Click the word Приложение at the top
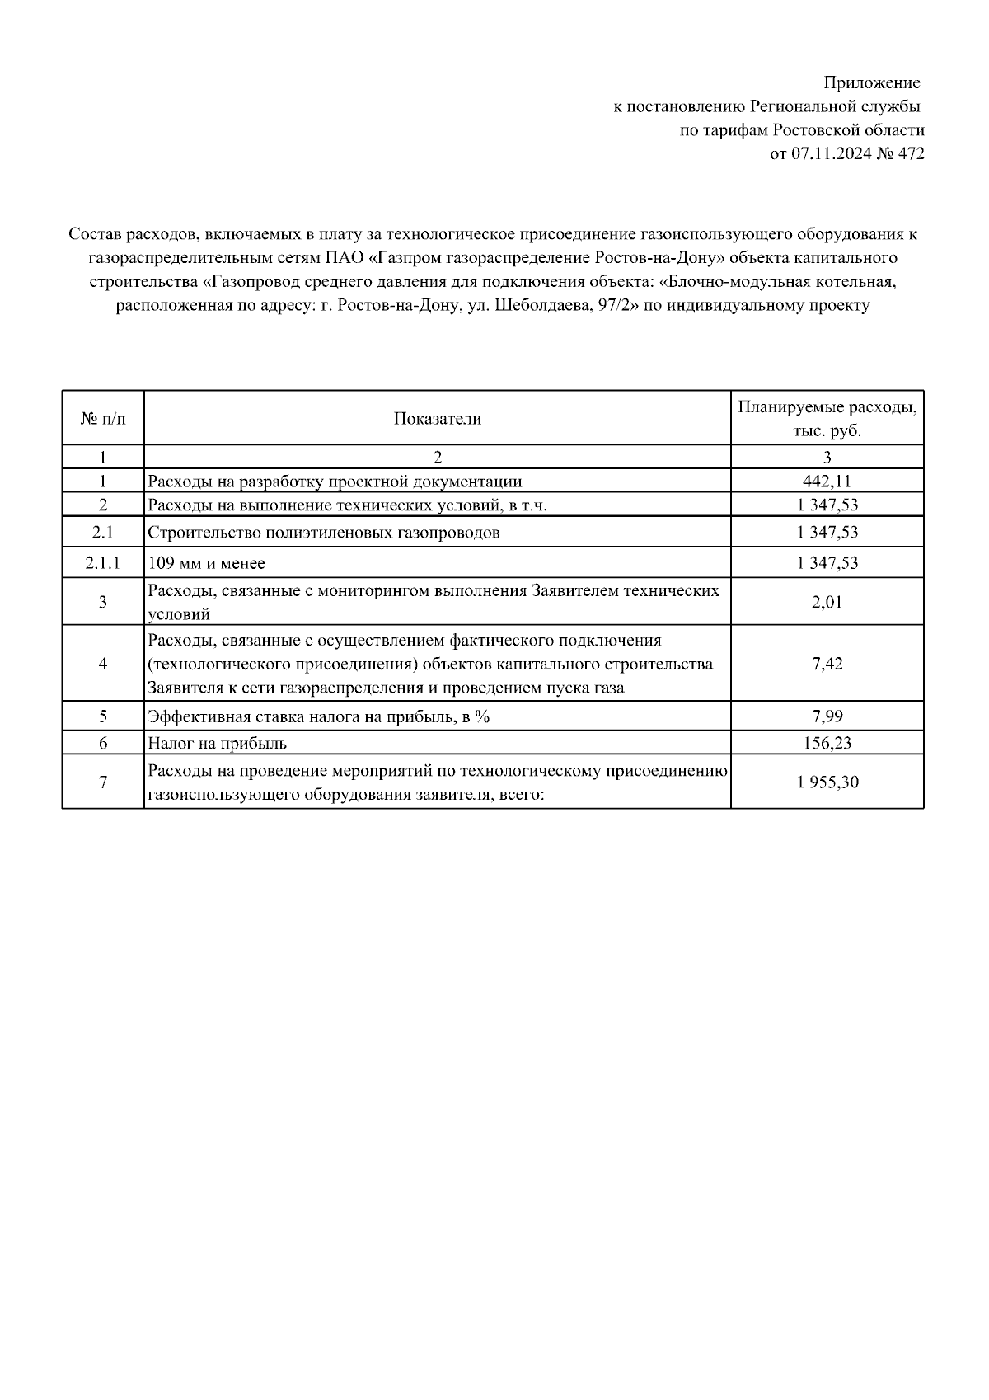[872, 83]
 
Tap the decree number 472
[912, 153]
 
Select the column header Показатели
[437, 419]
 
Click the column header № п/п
[103, 419]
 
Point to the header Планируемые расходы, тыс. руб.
[827, 419]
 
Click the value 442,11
[827, 482]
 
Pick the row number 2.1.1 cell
[103, 563]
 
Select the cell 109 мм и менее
[207, 563]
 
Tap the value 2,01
[827, 602]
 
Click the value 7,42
[827, 664]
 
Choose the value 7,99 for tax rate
[827, 716]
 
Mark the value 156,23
[827, 743]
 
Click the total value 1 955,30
[827, 782]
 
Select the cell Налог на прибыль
[218, 743]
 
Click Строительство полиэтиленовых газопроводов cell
[324, 533]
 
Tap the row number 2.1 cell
[103, 533]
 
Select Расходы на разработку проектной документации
[335, 482]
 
